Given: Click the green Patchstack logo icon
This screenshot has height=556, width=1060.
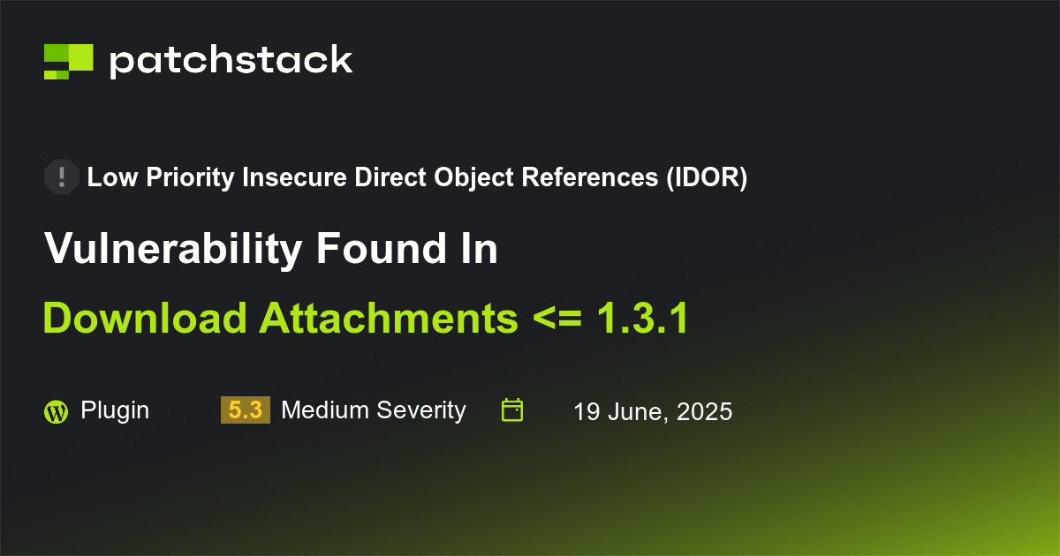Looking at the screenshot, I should (68, 61).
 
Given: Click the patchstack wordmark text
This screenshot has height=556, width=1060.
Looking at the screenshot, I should (231, 61).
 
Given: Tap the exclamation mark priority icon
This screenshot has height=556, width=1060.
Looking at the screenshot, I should (61, 177).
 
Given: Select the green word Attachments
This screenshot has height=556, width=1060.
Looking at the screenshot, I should (389, 319).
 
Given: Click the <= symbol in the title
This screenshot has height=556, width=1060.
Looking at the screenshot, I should (557, 319).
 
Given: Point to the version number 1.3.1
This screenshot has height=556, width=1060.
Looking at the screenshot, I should (642, 319).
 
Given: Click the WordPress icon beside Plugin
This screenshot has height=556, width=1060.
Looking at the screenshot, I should (56, 411).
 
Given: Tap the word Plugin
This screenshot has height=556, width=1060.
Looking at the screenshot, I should (115, 410).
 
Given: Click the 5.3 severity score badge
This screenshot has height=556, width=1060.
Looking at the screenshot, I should (245, 410).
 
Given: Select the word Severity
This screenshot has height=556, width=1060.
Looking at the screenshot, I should (420, 410).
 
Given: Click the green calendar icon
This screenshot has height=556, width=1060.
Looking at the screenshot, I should (512, 410).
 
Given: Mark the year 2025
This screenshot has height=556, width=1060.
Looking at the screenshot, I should (705, 411).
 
